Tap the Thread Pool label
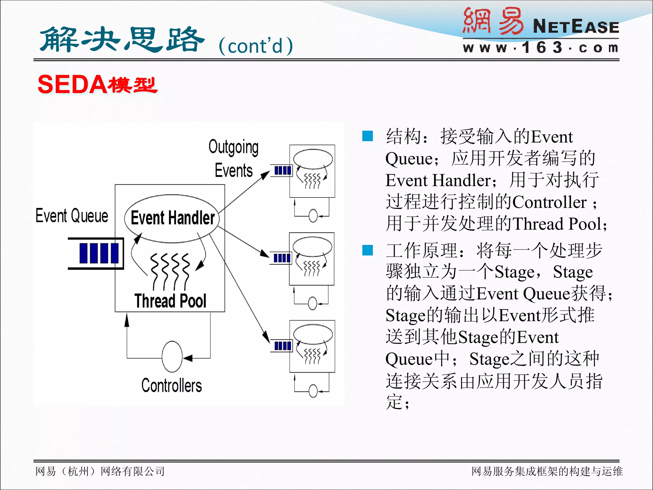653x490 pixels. tap(170, 301)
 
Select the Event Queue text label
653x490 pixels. tap(72, 216)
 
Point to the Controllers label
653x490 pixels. tap(172, 385)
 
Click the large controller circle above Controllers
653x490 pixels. tap(172, 357)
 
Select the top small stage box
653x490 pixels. tap(312, 171)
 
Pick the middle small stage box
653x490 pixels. tap(312, 259)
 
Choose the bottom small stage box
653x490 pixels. tap(312, 346)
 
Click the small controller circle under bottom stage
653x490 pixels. tap(313, 391)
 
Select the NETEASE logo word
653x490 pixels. tap(576, 26)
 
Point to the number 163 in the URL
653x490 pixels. tap(542, 48)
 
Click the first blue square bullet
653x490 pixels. tap(368, 136)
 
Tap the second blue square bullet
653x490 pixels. tap(368, 250)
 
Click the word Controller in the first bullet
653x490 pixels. tap(549, 202)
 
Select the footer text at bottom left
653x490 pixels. tap(100, 471)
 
